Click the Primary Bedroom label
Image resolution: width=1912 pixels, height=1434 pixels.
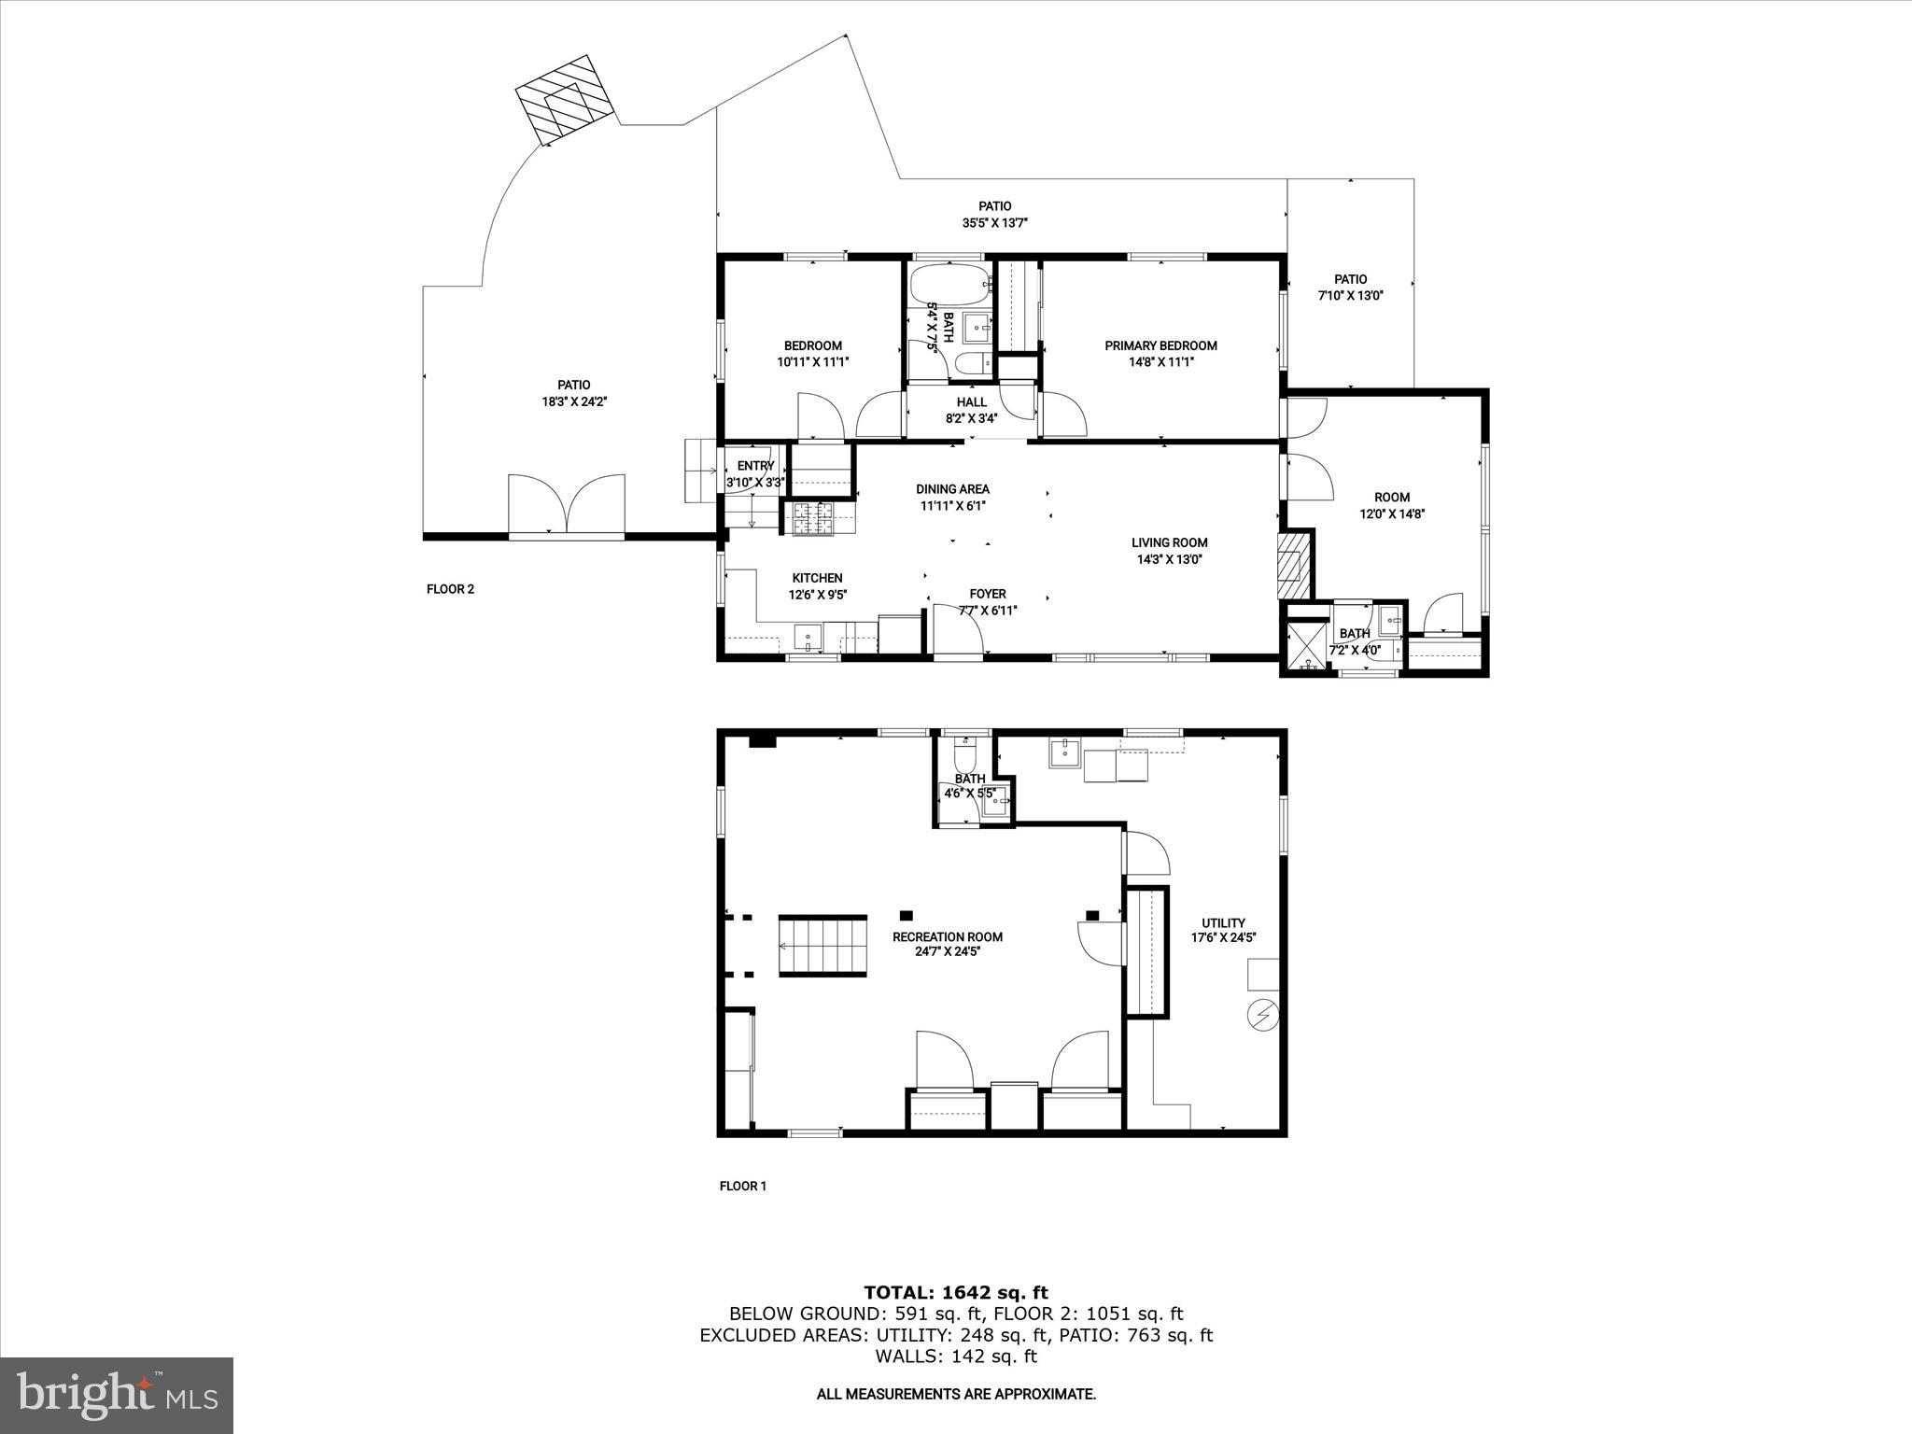click(x=1160, y=345)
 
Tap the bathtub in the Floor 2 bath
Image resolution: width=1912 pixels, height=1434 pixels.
click(x=949, y=285)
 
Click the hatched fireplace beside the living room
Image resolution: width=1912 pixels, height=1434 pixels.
click(x=1294, y=565)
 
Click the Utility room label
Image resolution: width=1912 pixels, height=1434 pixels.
click(x=1223, y=922)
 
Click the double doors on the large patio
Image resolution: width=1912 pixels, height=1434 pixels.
click(x=567, y=505)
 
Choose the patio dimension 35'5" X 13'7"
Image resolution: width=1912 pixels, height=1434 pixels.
click(x=994, y=223)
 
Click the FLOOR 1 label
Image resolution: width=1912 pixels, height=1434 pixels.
click(x=742, y=1187)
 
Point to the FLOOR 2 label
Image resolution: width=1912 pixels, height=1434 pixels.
click(x=450, y=589)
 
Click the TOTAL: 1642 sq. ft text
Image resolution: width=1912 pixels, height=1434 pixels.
click(x=955, y=1293)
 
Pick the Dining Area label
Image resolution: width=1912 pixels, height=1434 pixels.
click(x=952, y=489)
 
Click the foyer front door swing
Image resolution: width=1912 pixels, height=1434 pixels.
click(x=959, y=628)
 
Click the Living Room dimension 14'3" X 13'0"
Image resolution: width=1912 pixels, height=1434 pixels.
click(x=1169, y=559)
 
